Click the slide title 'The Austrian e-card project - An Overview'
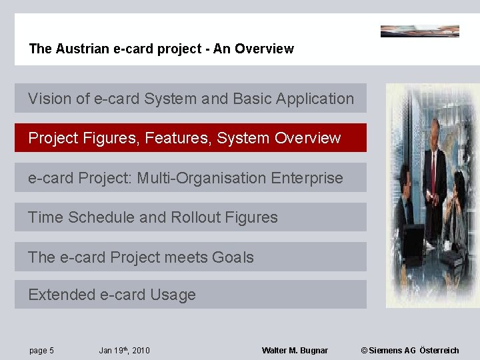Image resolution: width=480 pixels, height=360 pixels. pos(161,49)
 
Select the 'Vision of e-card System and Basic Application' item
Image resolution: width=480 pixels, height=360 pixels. pos(191,99)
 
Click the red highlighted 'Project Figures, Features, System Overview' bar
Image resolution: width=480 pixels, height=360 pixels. pos(191,138)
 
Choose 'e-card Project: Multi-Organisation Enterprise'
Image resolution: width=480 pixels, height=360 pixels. pos(191,178)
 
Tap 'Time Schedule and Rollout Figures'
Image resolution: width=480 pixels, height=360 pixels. pos(191,217)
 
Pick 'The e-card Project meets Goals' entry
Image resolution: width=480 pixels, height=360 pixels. pos(191,257)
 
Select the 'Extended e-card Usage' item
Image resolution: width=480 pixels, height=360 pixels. pos(191,295)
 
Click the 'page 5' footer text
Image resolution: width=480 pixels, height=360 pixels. pos(41,351)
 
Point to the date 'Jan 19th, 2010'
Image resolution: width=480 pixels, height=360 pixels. pos(124,351)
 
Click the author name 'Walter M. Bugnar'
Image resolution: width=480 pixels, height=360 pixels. pos(295,351)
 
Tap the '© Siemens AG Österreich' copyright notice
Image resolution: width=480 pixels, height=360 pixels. pos(409,351)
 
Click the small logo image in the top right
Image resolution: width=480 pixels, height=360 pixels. pos(419,31)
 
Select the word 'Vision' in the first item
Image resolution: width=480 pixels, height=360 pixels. pos(49,99)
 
